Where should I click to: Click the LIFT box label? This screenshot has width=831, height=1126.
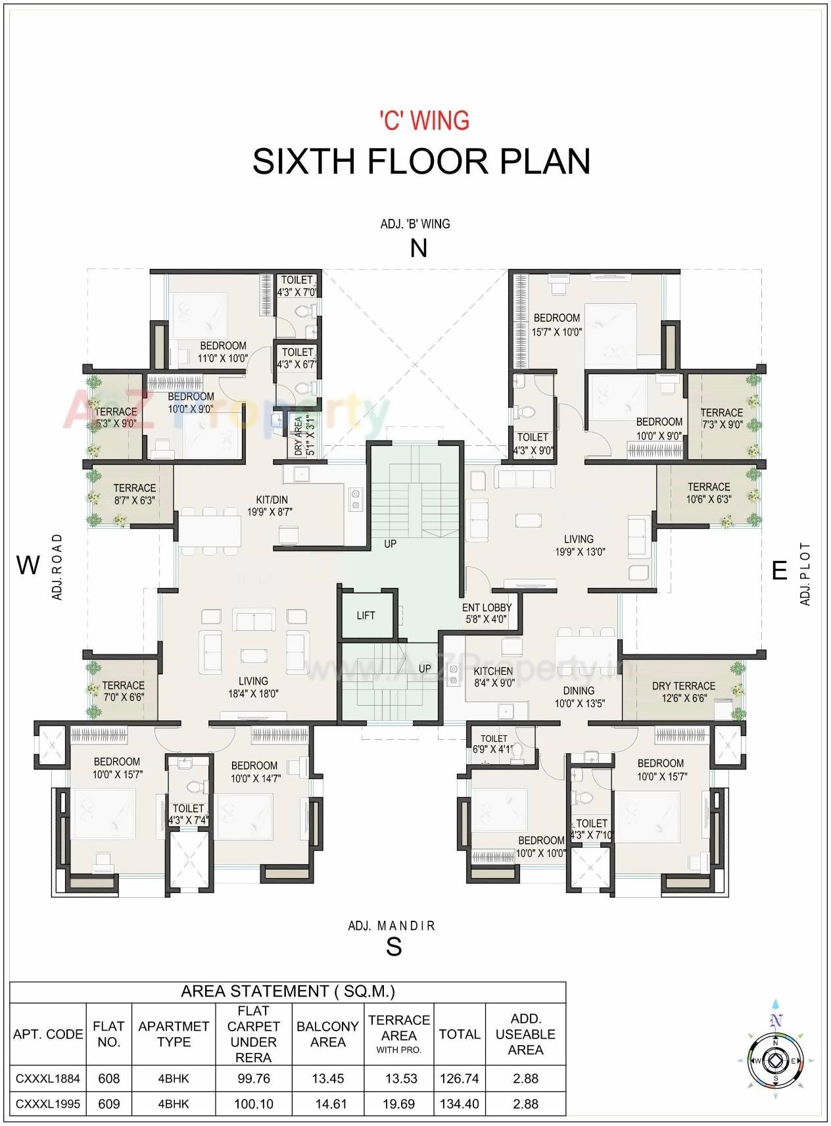pyautogui.click(x=366, y=616)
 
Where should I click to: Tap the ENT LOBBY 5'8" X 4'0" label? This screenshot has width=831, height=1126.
pyautogui.click(x=487, y=613)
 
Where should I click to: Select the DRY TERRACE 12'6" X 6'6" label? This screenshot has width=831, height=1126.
pyautogui.click(x=683, y=691)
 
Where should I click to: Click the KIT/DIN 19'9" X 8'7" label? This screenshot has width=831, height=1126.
pyautogui.click(x=270, y=506)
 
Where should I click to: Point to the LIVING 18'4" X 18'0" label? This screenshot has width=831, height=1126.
pyautogui.click(x=253, y=687)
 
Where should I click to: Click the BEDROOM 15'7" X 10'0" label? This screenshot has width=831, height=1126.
pyautogui.click(x=556, y=325)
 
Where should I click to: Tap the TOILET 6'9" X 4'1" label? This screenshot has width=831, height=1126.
pyautogui.click(x=493, y=743)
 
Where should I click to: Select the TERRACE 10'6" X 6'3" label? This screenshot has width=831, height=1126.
pyautogui.click(x=709, y=493)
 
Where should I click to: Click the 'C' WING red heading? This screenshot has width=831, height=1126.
pyautogui.click(x=424, y=121)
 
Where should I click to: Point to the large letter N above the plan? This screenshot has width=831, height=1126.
pyautogui.click(x=418, y=249)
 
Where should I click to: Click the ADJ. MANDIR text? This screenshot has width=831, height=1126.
pyautogui.click(x=391, y=926)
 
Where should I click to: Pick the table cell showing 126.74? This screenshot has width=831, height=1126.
pyautogui.click(x=459, y=1079)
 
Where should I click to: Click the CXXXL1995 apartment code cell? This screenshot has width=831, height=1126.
pyautogui.click(x=48, y=1104)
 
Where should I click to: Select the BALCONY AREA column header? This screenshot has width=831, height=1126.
pyautogui.click(x=327, y=1034)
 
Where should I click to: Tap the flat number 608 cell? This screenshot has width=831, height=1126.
pyautogui.click(x=108, y=1079)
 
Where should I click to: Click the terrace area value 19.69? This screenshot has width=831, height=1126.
pyautogui.click(x=398, y=1104)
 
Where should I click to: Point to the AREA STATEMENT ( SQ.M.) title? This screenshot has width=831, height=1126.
pyautogui.click(x=288, y=991)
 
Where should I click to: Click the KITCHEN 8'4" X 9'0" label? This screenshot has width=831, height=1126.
pyautogui.click(x=493, y=677)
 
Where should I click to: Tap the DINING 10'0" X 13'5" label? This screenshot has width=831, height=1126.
pyautogui.click(x=579, y=697)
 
